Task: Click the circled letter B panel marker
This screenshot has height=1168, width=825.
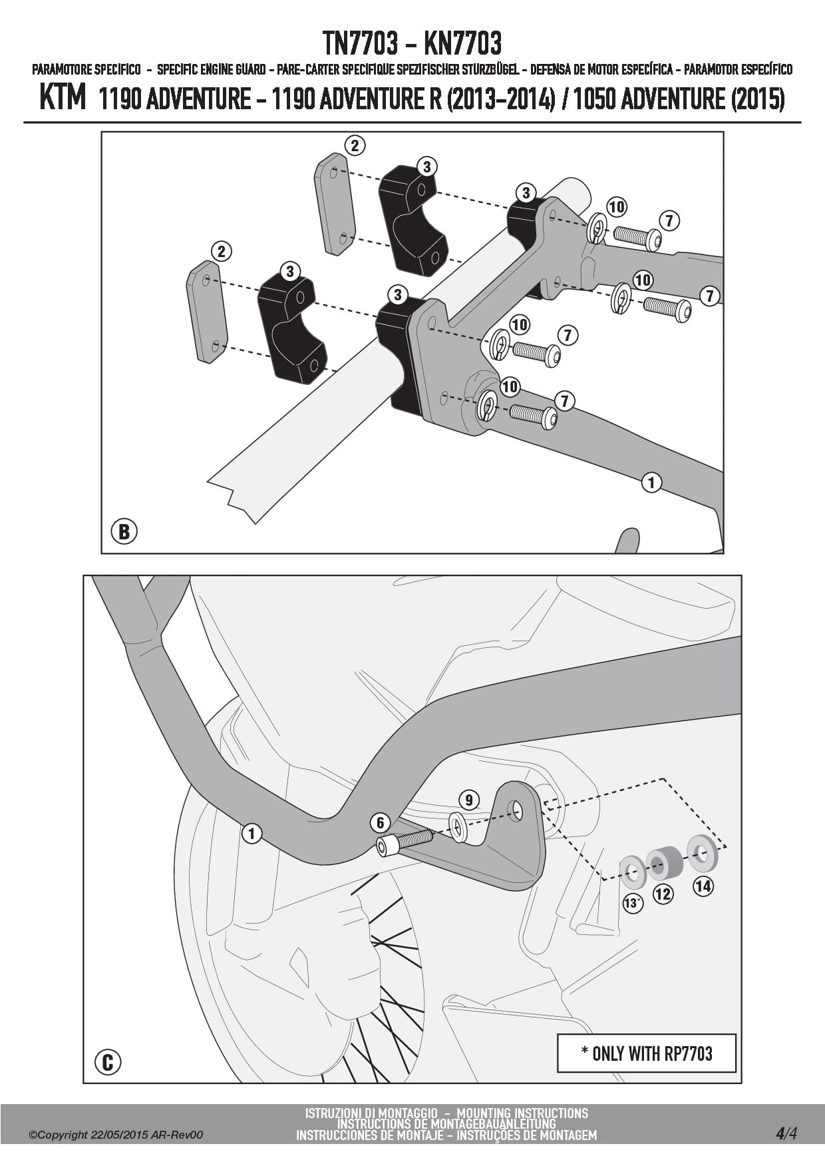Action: tap(124, 531)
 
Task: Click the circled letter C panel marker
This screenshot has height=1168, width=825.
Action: tap(108, 1061)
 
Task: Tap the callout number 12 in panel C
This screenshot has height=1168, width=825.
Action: tap(663, 894)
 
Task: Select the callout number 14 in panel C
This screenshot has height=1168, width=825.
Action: tap(703, 886)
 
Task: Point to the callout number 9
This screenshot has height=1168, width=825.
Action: tap(469, 800)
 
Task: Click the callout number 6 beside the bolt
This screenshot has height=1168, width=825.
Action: tap(380, 823)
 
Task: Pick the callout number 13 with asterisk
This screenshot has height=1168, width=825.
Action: tap(632, 904)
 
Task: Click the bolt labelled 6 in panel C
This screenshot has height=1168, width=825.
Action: tap(403, 842)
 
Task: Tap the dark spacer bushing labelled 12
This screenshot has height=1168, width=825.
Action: tap(663, 864)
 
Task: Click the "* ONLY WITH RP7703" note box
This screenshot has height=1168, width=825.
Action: tap(646, 1053)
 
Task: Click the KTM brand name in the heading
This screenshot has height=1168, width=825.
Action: tap(63, 97)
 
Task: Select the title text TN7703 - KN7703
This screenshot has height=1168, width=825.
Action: tap(412, 44)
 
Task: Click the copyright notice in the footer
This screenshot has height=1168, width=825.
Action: tap(116, 1135)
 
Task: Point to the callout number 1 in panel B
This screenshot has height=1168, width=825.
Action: tap(651, 482)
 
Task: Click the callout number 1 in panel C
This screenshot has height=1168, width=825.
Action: tap(251, 832)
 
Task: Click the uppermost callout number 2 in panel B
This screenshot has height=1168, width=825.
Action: tap(355, 145)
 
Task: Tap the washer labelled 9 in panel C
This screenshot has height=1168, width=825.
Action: tap(458, 826)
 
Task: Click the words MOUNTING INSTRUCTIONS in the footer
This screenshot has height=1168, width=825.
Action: tap(523, 1113)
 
